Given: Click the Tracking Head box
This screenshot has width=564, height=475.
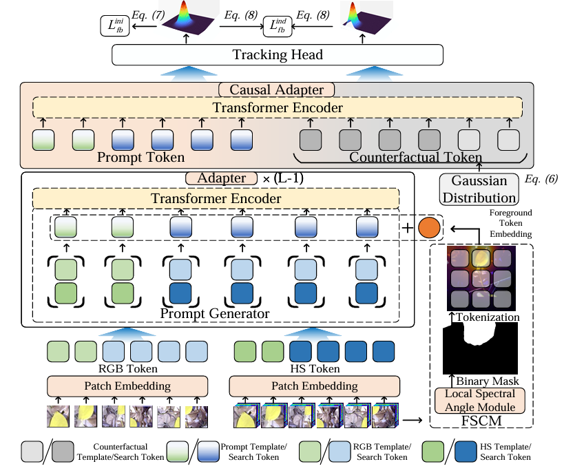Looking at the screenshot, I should click(x=277, y=55).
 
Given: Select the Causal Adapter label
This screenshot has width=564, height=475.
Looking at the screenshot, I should click(x=276, y=90).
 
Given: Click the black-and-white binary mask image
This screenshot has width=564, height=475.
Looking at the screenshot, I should click(x=480, y=348).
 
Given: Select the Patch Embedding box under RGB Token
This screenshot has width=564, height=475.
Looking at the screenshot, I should click(x=127, y=386).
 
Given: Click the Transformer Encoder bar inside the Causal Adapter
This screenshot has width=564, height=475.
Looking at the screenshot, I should click(x=277, y=108).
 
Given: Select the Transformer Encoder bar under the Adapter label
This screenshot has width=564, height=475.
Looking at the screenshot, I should click(x=216, y=199).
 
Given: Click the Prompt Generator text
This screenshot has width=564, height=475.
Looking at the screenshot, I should click(x=214, y=314).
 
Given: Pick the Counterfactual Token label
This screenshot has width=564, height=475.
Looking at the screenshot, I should click(x=416, y=158).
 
